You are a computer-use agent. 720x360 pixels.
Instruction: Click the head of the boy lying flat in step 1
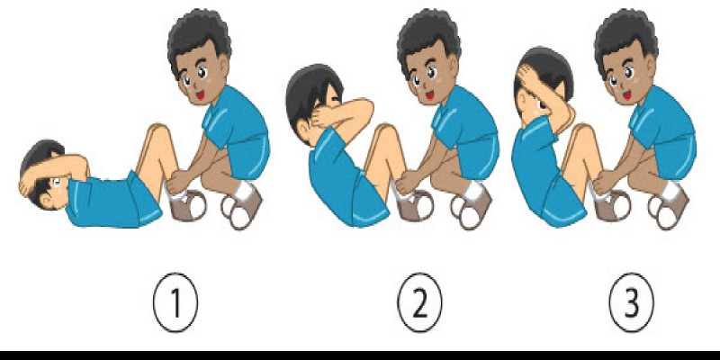pos(42,171)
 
